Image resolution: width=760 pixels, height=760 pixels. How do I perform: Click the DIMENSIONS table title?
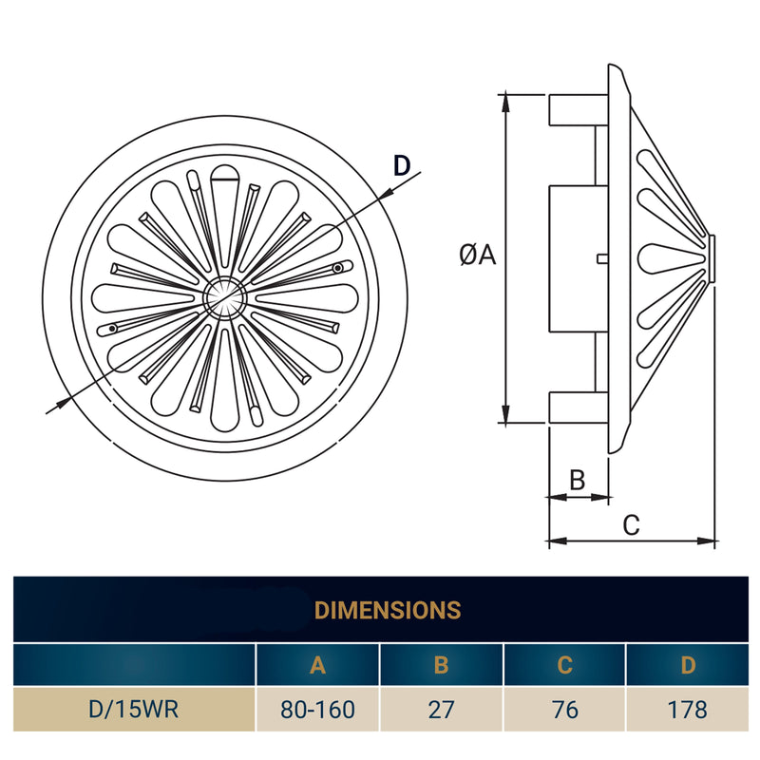[x=387, y=609]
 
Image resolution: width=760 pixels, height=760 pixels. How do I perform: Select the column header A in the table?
[x=317, y=665]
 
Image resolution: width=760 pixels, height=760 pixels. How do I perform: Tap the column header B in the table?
[x=441, y=665]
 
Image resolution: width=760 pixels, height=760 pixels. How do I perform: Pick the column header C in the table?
[x=565, y=665]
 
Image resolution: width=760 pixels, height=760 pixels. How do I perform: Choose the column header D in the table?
[x=688, y=665]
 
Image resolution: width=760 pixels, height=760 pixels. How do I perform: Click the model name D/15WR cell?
[x=134, y=710]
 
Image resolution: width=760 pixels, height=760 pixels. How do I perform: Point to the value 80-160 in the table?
[x=317, y=710]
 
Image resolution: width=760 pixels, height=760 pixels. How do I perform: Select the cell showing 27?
[x=441, y=710]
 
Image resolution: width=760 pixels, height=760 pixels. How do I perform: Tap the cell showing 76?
[x=565, y=710]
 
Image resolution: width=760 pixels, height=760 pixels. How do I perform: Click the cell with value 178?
[x=688, y=710]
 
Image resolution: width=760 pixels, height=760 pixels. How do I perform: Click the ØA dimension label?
[x=478, y=255]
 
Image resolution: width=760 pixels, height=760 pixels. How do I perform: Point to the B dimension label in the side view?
[x=577, y=480]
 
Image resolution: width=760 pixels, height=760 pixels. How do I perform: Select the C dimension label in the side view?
[x=631, y=524]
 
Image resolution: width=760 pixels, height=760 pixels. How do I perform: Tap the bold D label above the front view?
[x=402, y=165]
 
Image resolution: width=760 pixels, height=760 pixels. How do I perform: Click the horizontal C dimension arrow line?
[x=632, y=541]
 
